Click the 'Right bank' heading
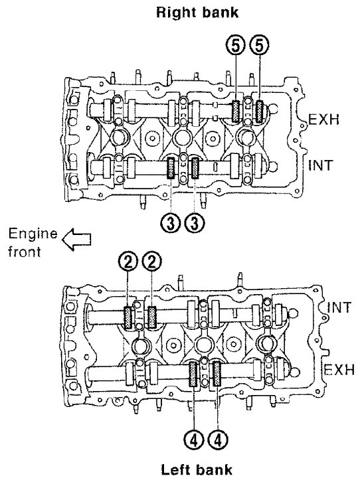197,13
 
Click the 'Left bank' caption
197,469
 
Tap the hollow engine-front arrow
76,239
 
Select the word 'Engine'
33,234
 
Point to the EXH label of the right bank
324,120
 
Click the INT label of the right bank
321,165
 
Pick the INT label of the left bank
339,307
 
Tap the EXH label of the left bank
339,369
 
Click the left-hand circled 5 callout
236,46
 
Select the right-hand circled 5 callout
259,46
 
